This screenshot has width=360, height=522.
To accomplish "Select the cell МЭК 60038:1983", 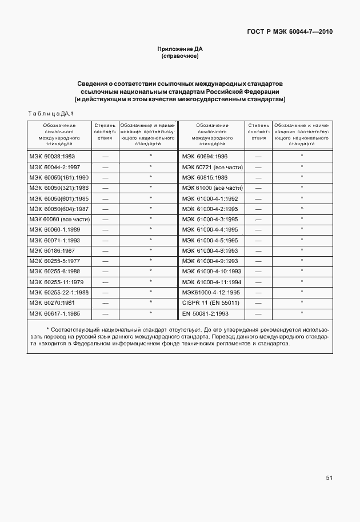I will pyautogui.click(x=52, y=156).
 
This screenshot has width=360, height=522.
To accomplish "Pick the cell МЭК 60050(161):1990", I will pyautogui.click(x=59, y=177).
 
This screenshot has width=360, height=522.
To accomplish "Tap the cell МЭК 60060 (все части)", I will pyautogui.click(x=59, y=220).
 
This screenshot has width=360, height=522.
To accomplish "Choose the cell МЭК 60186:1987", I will pyautogui.click(x=52, y=250).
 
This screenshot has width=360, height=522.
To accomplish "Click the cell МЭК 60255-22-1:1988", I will pyautogui.click(x=59, y=293).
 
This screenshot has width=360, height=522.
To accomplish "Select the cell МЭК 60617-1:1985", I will pyautogui.click(x=55, y=314).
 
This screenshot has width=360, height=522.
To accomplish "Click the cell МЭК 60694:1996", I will pyautogui.click(x=205, y=156).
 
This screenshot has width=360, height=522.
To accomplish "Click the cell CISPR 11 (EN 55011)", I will pyautogui.click(x=211, y=303).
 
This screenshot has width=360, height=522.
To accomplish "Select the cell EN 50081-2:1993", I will pyautogui.click(x=206, y=314).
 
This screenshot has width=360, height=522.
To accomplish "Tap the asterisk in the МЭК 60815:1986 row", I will pyautogui.click(x=302, y=177).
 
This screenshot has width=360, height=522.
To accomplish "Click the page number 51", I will pyautogui.click(x=329, y=478).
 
